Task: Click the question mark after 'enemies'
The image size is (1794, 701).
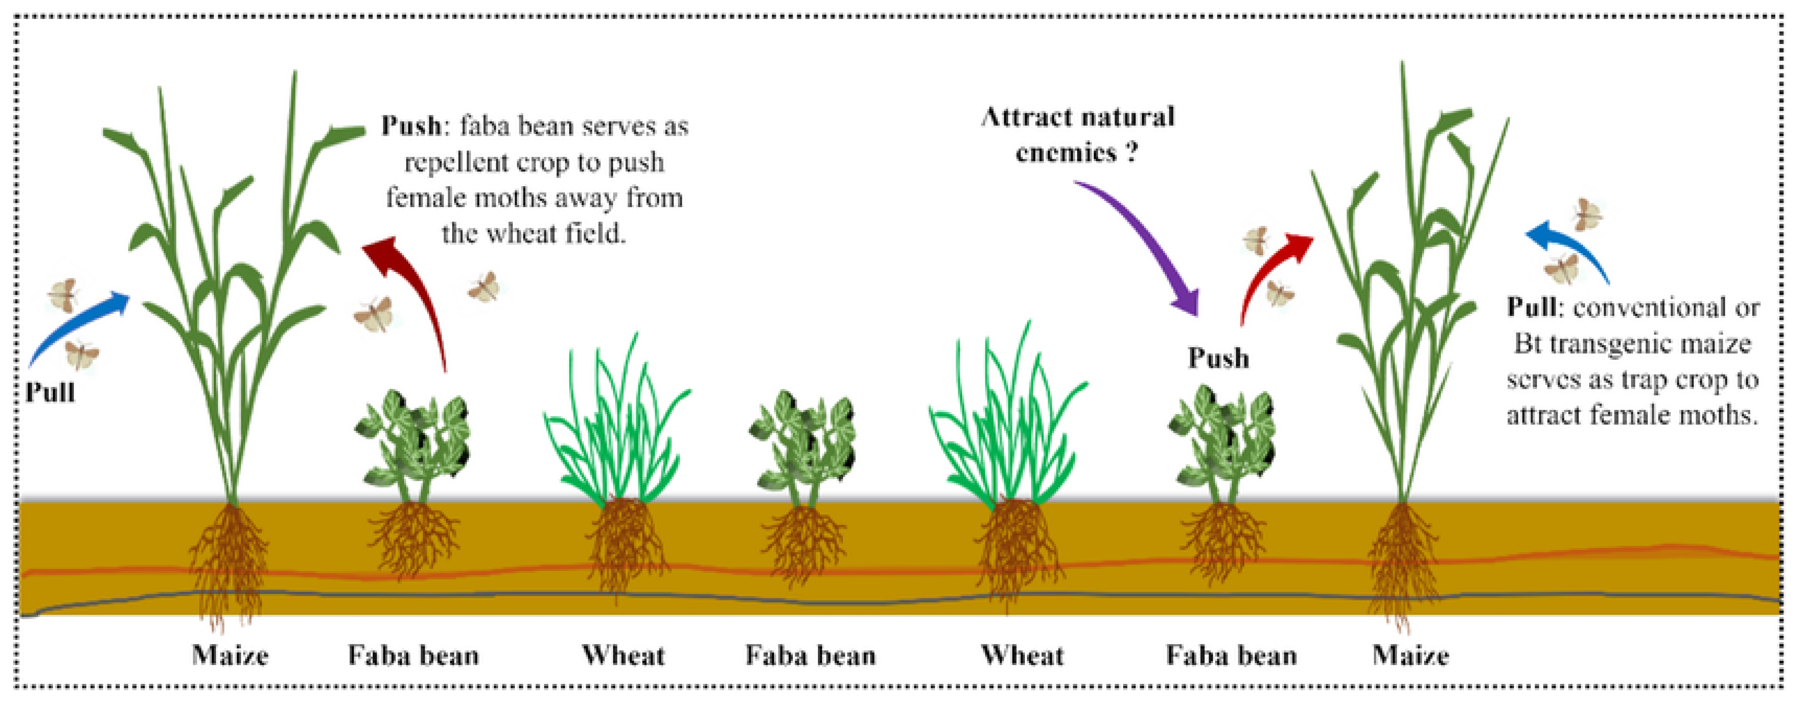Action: tap(1132, 152)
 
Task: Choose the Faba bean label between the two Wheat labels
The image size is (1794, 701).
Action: tap(810, 656)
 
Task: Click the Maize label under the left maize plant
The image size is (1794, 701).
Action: tap(230, 656)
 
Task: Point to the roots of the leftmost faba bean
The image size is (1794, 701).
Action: tap(414, 540)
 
